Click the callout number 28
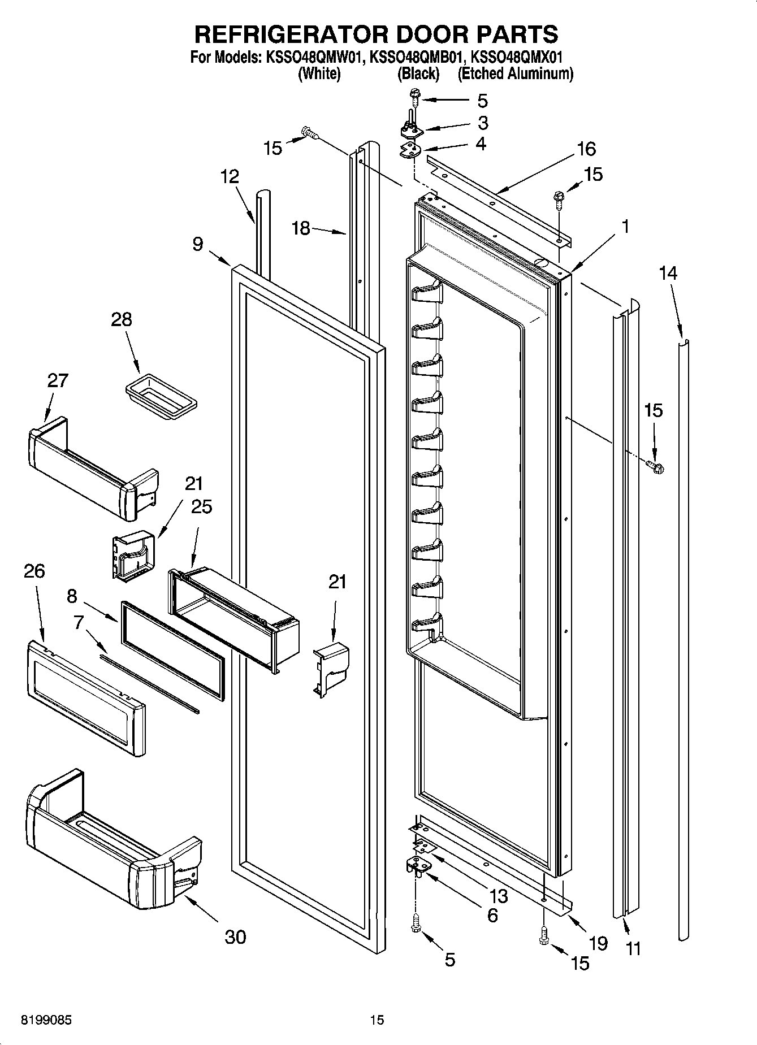[x=122, y=319]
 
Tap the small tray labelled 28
[x=161, y=396]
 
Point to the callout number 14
[x=668, y=273]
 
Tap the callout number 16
[x=586, y=149]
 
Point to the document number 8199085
[x=46, y=1020]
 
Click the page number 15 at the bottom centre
[x=377, y=1020]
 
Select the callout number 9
[x=197, y=244]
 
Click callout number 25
[x=201, y=507]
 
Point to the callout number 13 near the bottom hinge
[x=499, y=895]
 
